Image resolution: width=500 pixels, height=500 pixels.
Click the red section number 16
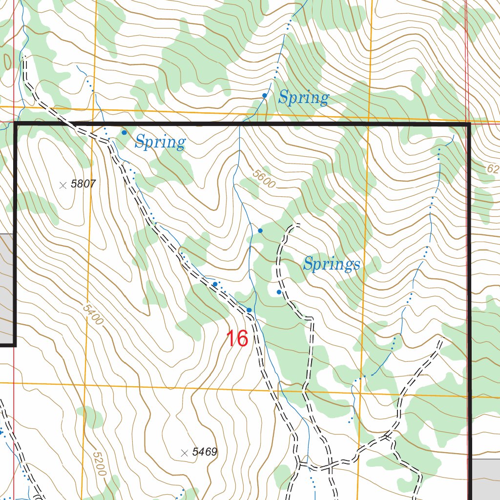coord(237,338)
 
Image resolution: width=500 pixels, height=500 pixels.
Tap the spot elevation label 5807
coord(83,184)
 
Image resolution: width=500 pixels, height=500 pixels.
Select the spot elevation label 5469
coord(204,452)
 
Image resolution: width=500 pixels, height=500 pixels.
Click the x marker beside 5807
coord(62,185)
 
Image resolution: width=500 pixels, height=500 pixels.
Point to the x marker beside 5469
coord(184,453)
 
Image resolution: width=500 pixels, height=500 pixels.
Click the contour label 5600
coord(264,179)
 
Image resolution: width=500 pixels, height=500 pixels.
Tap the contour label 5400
coord(93,315)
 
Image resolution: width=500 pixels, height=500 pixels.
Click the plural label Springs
coord(332,265)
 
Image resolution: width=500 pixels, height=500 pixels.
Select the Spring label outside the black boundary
coord(303,98)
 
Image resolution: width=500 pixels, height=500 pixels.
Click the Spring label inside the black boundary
coord(160,143)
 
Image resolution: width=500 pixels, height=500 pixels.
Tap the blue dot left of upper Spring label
coord(264,96)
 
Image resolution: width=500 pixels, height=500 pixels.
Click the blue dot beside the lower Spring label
coord(124,132)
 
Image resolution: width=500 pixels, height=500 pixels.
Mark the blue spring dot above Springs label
coord(260,230)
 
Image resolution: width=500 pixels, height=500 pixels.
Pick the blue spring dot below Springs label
coord(279,292)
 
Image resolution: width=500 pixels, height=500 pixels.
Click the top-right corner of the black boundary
coord(468,125)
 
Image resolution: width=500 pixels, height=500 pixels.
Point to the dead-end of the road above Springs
coord(297,225)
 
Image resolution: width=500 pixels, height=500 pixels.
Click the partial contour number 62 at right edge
coord(493,169)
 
